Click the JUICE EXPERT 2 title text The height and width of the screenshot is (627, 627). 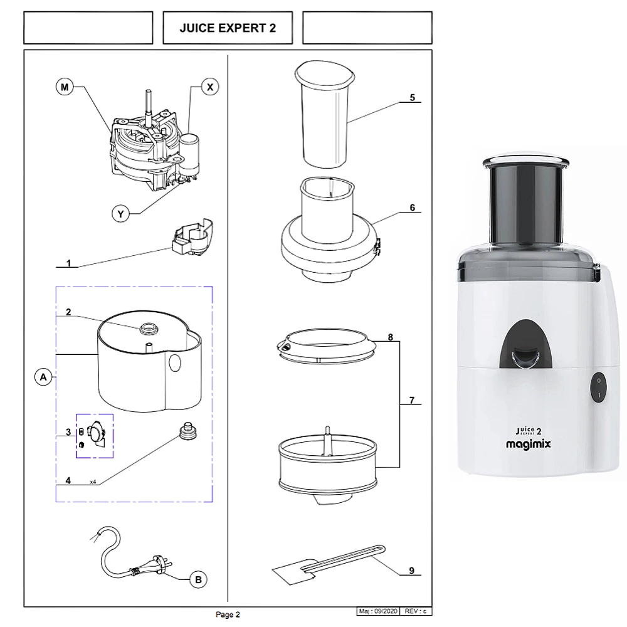[228, 28]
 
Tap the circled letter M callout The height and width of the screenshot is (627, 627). [65, 87]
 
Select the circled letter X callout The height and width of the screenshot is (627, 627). [210, 87]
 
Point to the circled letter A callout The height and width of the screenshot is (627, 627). [42, 377]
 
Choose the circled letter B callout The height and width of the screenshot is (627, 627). [198, 580]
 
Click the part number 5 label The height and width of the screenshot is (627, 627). [412, 97]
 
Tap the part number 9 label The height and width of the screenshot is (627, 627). [412, 570]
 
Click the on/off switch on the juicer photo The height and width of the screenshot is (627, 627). [598, 388]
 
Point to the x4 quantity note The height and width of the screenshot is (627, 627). [93, 482]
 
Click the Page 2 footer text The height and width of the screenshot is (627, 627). [228, 615]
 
